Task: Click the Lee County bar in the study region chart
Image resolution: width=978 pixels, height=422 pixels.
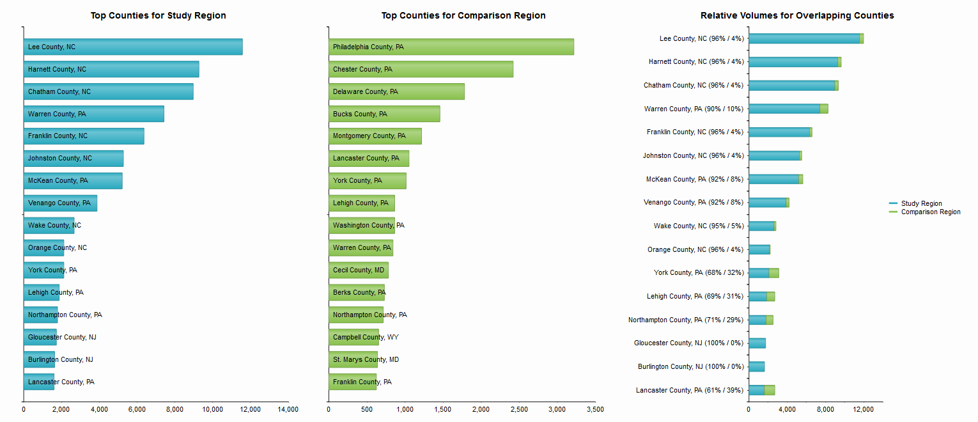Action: [133, 47]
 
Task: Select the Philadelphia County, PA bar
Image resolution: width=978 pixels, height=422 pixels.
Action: [451, 47]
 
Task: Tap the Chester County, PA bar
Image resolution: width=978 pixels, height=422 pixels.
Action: [421, 69]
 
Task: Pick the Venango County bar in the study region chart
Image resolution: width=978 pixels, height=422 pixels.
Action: [60, 203]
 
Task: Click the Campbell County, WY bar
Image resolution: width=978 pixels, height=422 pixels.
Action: [353, 337]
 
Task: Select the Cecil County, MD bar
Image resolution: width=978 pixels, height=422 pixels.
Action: [358, 270]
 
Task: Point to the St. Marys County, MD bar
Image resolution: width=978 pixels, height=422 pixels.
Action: [353, 359]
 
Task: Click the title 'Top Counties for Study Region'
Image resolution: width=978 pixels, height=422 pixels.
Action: [158, 15]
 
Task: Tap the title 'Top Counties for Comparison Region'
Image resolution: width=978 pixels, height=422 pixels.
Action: [463, 15]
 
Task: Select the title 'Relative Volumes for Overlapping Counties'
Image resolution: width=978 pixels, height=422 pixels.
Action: [797, 15]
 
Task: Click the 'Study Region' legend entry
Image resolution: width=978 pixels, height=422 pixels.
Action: [920, 203]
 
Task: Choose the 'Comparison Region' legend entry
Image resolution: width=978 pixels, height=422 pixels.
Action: [930, 212]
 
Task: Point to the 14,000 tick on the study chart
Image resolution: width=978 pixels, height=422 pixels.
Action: [288, 409]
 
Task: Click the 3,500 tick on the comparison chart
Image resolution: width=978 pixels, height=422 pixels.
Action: [595, 409]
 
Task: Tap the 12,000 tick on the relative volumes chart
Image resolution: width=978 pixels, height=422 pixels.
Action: [864, 409]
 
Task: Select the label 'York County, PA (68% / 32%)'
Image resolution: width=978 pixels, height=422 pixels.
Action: [699, 273]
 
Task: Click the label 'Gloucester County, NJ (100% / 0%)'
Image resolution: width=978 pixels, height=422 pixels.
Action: [688, 343]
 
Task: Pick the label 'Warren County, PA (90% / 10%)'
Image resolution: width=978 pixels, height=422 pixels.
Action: [694, 109]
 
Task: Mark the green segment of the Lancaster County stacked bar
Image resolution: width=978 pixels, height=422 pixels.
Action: [770, 390]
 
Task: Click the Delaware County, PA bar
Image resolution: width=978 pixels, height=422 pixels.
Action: [396, 91]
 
